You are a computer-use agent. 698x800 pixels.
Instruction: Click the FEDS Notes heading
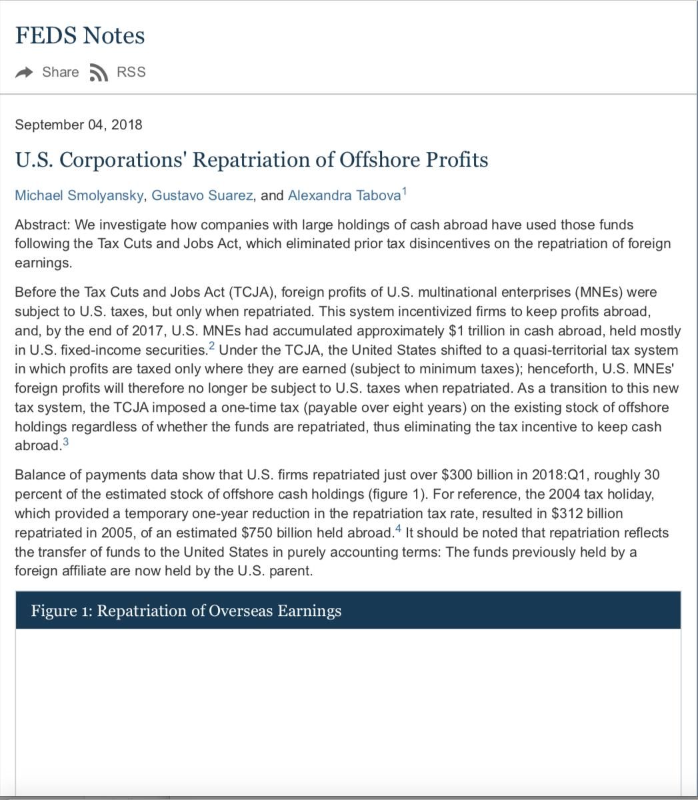pyautogui.click(x=80, y=35)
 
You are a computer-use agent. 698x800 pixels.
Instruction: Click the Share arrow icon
pyautogui.click(x=24, y=72)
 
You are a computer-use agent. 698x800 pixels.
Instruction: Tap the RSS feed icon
pyautogui.click(x=99, y=73)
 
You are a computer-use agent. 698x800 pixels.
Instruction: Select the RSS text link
pyautogui.click(x=131, y=72)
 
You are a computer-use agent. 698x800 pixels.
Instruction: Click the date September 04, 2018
pyautogui.click(x=79, y=125)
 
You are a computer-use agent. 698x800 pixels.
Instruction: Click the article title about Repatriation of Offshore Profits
pyautogui.click(x=251, y=160)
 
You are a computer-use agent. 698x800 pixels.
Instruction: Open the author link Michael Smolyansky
pyautogui.click(x=79, y=195)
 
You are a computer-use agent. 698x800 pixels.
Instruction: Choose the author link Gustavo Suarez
pyautogui.click(x=202, y=195)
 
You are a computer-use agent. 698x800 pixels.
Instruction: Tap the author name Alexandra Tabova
pyautogui.click(x=344, y=195)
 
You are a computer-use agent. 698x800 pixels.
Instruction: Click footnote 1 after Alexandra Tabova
pyautogui.click(x=404, y=192)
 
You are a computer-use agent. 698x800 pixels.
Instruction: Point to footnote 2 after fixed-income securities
pyautogui.click(x=212, y=346)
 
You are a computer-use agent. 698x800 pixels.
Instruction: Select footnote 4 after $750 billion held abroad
pyautogui.click(x=399, y=529)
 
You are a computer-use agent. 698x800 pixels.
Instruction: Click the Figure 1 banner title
pyautogui.click(x=186, y=611)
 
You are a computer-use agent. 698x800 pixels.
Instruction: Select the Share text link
pyautogui.click(x=60, y=72)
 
